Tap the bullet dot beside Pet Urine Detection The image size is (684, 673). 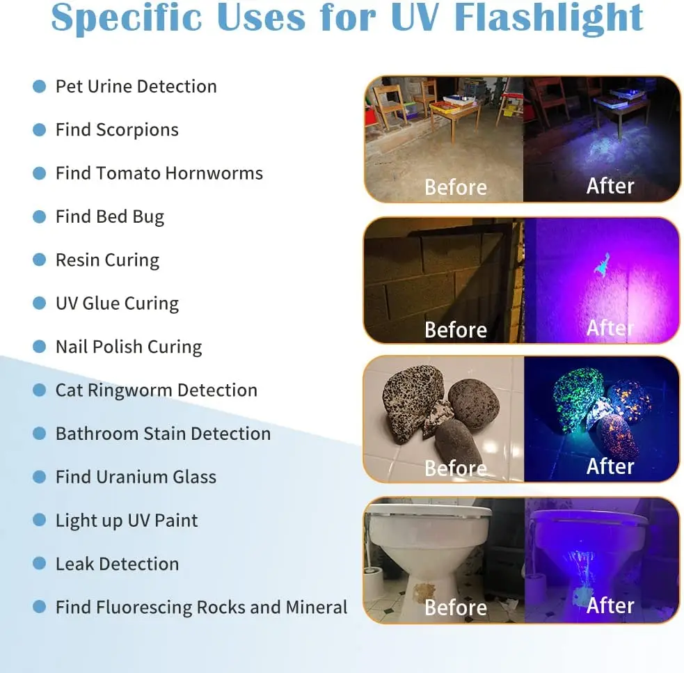pyautogui.click(x=40, y=86)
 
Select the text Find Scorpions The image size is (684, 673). pyautogui.click(x=117, y=130)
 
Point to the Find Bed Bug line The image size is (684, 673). pyautogui.click(x=110, y=216)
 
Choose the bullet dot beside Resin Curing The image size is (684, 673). pyautogui.click(x=40, y=260)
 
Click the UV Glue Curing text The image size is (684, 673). pyautogui.click(x=117, y=303)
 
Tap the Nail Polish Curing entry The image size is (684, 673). pyautogui.click(x=129, y=347)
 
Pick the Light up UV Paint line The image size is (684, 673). pyautogui.click(x=127, y=521)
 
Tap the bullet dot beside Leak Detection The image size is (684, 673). pyautogui.click(x=40, y=564)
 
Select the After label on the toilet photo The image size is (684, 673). pyautogui.click(x=610, y=605)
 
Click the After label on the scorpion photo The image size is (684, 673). pyautogui.click(x=610, y=328)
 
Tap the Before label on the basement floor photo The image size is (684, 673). pyautogui.click(x=456, y=187)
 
